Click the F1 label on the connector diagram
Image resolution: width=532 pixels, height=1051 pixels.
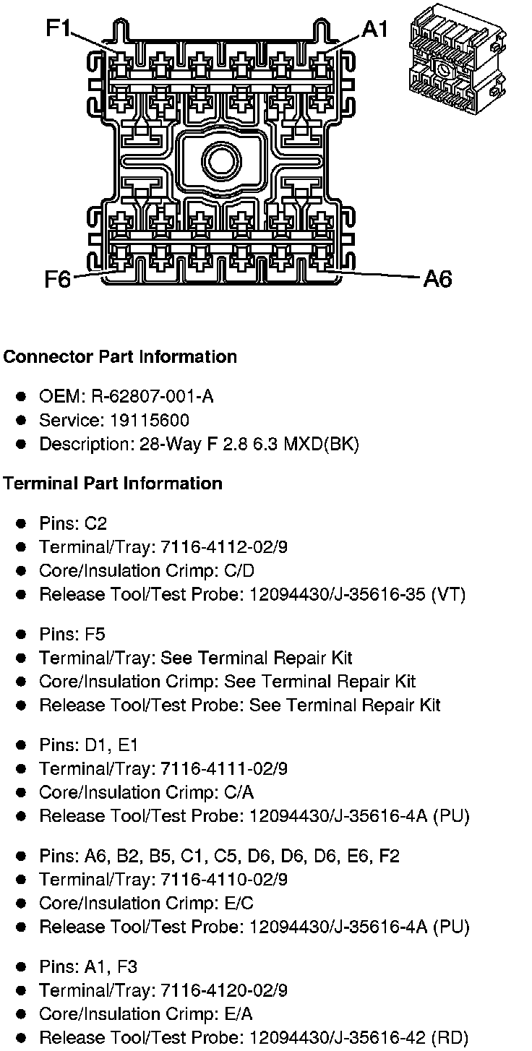[59, 28]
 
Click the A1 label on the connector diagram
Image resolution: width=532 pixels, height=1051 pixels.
[375, 28]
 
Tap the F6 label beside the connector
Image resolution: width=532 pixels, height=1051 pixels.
[58, 279]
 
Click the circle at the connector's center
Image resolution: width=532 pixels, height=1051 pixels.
[220, 158]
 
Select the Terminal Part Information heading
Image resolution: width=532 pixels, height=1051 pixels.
[113, 483]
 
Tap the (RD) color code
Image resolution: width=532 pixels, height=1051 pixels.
[448, 1038]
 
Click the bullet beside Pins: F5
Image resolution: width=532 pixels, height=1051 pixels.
[22, 635]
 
